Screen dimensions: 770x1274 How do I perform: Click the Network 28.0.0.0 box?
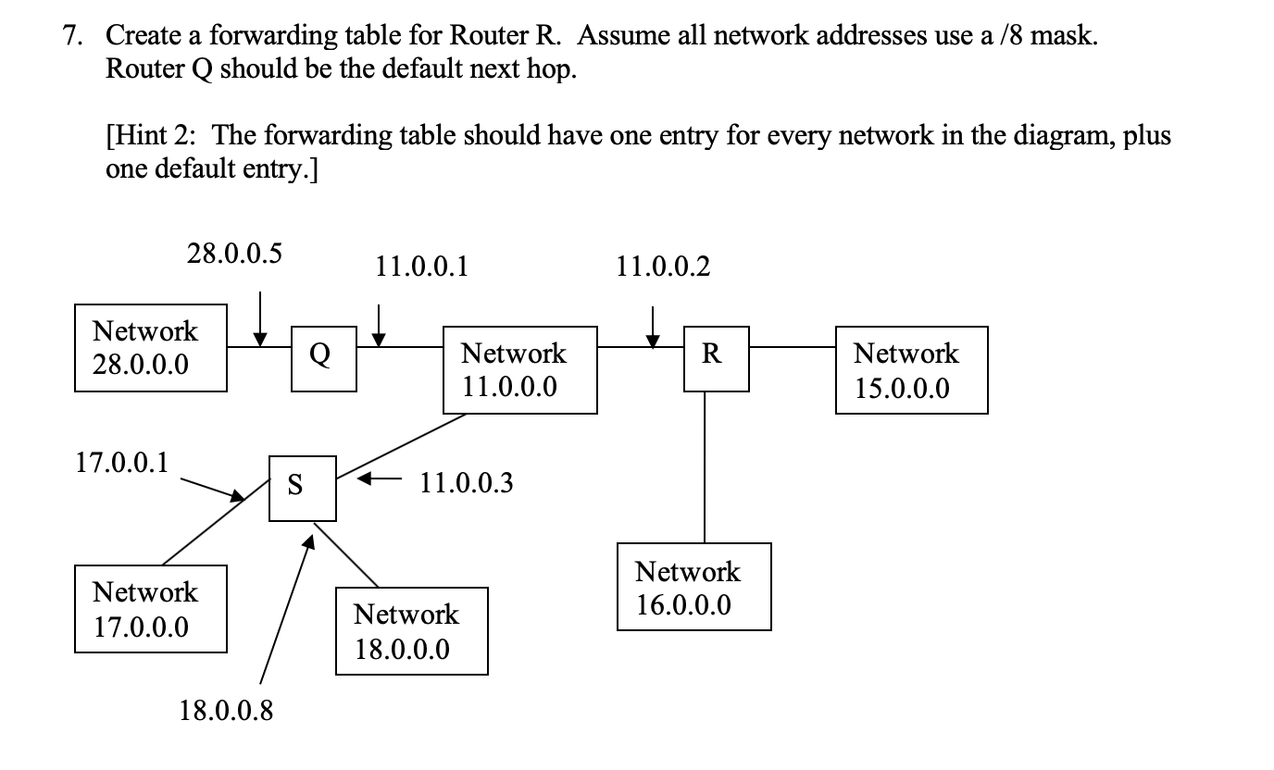[150, 348]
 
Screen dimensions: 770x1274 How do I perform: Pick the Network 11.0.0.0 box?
[519, 369]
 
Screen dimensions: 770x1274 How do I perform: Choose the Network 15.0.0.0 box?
[911, 369]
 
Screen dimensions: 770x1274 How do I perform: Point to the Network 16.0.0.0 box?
[693, 588]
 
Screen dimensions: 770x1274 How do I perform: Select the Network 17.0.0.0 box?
[150, 609]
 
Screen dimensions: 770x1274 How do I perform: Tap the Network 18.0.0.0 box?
[411, 631]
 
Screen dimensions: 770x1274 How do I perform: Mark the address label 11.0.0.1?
[421, 268]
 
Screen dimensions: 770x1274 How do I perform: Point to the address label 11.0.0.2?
[663, 268]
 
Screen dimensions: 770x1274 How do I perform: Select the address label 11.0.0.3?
[466, 483]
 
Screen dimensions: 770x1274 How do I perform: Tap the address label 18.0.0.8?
[226, 712]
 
